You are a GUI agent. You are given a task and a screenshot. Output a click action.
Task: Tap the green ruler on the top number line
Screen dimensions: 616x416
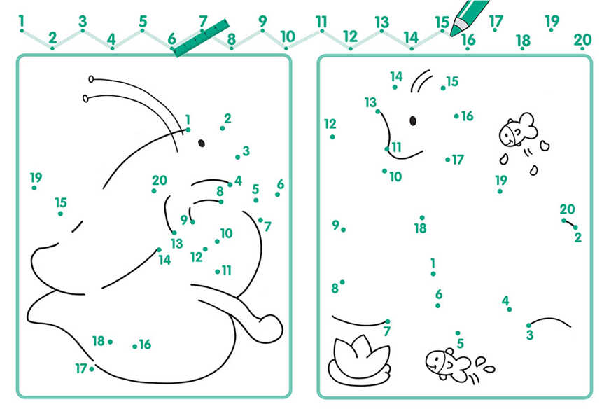point(201,38)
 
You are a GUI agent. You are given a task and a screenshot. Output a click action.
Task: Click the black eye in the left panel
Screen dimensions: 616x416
point(202,143)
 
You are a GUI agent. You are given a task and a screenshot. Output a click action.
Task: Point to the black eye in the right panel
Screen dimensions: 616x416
point(413,120)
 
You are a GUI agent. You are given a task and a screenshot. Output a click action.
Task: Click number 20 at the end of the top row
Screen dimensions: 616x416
point(582,40)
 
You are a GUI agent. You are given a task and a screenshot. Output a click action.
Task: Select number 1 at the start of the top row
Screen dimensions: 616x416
point(21,21)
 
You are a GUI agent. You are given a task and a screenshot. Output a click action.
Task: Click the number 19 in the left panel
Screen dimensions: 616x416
point(36,178)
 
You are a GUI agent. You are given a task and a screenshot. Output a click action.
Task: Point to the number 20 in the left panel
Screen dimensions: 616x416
point(160,181)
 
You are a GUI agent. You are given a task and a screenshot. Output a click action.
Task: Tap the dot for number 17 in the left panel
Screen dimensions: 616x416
point(92,369)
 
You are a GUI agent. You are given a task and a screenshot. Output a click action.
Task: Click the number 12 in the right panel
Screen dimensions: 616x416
point(330,124)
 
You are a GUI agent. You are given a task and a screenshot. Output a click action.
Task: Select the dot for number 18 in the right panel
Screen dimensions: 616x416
point(422,217)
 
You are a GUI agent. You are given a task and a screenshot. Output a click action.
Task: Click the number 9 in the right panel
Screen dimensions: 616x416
point(335,225)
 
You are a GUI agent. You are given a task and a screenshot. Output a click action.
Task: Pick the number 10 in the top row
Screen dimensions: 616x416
point(287,37)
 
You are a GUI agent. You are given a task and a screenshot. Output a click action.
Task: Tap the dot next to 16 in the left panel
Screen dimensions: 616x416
point(134,347)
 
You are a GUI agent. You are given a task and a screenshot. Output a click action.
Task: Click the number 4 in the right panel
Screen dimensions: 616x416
point(505,301)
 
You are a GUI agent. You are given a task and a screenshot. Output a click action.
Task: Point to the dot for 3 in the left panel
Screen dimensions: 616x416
point(238,158)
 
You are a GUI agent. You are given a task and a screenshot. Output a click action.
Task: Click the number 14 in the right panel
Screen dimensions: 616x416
point(396,76)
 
